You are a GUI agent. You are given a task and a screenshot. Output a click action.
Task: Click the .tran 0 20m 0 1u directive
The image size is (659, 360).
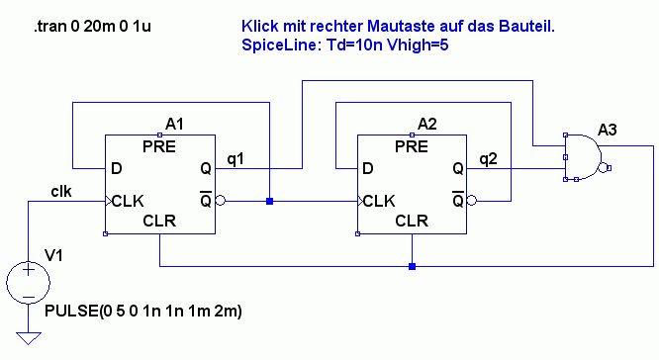click(92, 27)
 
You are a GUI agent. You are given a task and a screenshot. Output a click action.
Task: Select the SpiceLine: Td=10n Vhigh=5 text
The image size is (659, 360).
click(345, 45)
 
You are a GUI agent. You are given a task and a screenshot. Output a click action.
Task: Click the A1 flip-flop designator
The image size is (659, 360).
click(174, 124)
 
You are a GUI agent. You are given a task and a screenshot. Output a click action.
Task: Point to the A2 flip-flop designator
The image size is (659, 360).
click(427, 124)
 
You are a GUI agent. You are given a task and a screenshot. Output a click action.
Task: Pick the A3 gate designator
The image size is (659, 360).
click(607, 130)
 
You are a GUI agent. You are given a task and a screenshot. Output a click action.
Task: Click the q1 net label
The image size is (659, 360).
click(235, 159)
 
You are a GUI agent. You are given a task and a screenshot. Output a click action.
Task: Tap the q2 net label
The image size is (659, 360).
click(488, 159)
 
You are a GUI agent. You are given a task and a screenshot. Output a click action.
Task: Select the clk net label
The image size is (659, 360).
click(61, 192)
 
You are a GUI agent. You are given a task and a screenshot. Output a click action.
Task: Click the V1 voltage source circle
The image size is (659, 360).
click(28, 282)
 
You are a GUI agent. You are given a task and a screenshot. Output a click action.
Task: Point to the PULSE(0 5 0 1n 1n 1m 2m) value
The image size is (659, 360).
click(143, 312)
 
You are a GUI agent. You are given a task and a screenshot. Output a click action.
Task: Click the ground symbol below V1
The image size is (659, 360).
click(28, 338)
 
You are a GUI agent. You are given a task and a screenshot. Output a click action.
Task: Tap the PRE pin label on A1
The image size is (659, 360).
click(159, 146)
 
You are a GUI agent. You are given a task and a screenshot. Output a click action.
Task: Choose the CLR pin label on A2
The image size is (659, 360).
click(412, 221)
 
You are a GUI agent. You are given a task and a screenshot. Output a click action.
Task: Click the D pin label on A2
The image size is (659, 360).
click(368, 168)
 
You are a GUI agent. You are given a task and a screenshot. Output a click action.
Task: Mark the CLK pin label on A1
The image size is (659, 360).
click(128, 201)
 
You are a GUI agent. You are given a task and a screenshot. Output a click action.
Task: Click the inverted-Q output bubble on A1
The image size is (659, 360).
click(220, 201)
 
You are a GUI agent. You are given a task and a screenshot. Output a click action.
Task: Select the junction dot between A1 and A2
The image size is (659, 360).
click(270, 201)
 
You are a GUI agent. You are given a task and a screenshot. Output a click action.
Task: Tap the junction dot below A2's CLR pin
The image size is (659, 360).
click(412, 266)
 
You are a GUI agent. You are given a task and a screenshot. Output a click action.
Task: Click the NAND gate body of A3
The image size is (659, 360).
click(582, 157)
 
